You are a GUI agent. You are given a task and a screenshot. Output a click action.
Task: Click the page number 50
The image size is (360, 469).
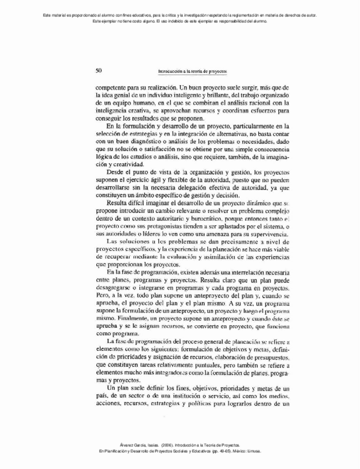coord(98,71)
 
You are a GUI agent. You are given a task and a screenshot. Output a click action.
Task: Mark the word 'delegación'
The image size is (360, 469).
coord(194,188)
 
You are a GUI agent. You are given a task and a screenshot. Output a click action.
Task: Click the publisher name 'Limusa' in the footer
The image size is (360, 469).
coord(252,451)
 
